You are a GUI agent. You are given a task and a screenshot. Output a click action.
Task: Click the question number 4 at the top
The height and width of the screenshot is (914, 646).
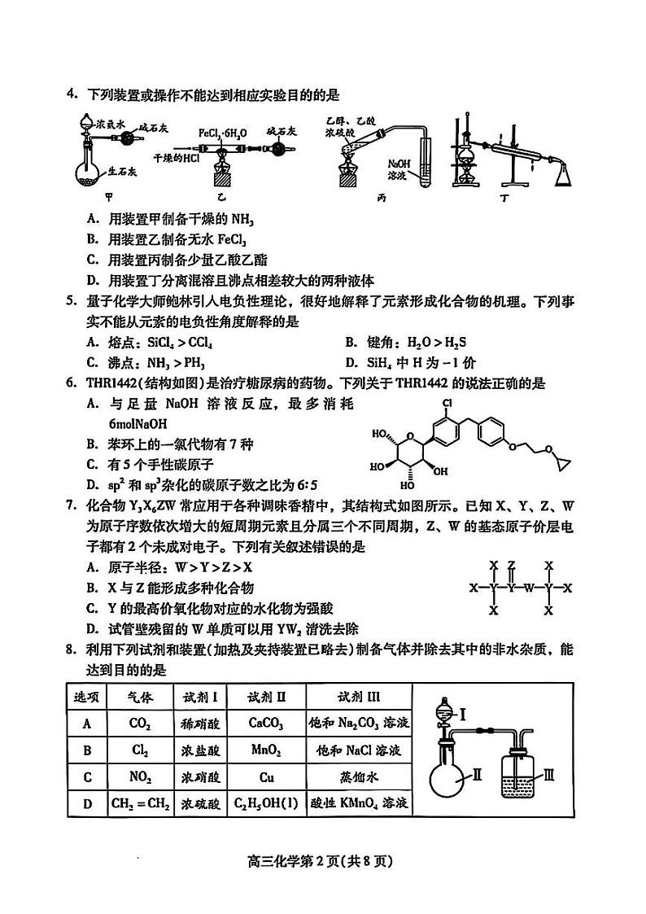(x=71, y=95)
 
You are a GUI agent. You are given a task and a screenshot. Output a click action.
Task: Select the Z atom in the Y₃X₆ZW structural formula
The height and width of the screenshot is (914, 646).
(x=511, y=564)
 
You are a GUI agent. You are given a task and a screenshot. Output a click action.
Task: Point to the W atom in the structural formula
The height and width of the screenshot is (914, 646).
(x=530, y=587)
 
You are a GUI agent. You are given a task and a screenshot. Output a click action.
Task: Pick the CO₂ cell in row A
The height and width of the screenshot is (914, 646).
(x=140, y=723)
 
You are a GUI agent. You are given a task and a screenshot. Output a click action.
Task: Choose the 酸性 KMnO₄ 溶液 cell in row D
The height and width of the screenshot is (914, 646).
(x=359, y=804)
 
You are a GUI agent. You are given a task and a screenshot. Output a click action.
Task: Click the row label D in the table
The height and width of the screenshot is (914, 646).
(x=86, y=804)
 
